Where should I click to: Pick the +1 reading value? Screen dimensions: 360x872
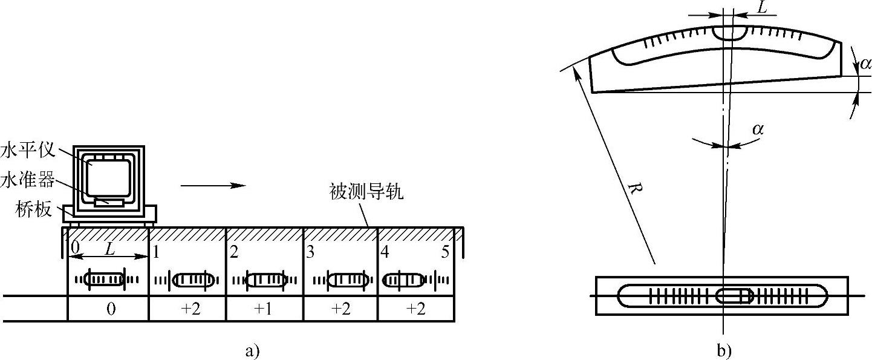coord(264,309)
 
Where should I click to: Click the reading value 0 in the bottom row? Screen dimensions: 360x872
coord(110,309)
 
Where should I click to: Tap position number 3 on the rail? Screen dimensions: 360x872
coord(310,253)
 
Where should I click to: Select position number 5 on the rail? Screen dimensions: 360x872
coord(445,252)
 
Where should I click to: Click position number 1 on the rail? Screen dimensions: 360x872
coord(155,253)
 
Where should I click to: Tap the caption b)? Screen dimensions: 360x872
coord(723,350)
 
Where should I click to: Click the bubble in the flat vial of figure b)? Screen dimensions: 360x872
coord(734,296)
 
